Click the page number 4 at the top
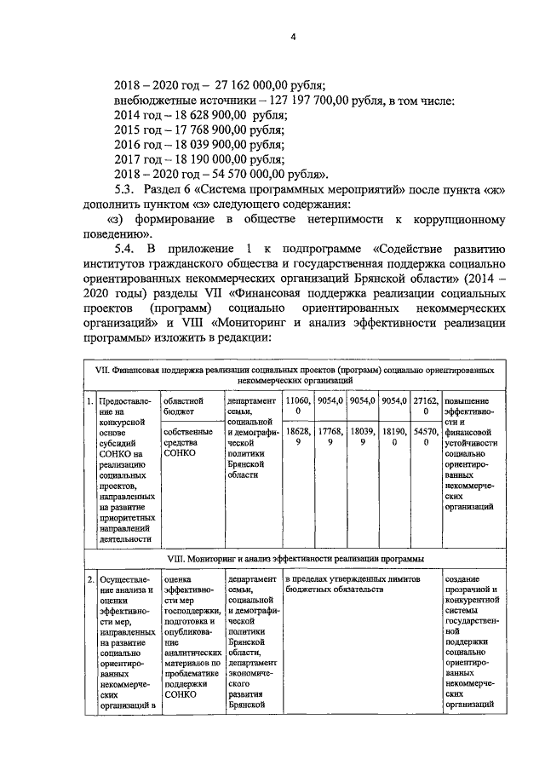(291, 37)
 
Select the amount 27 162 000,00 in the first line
(227, 85)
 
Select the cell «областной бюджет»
(183, 406)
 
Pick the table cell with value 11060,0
(298, 406)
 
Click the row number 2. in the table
(90, 581)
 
